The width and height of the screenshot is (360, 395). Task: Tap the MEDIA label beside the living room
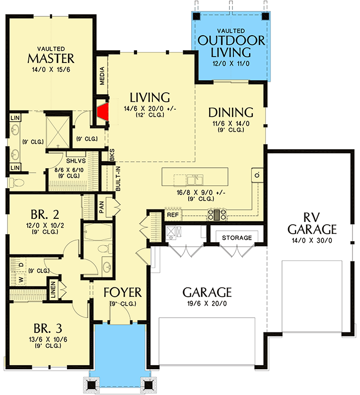[102, 76]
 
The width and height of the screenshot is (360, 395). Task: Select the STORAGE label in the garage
[237, 238]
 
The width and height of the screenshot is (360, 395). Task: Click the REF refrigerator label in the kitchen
[172, 215]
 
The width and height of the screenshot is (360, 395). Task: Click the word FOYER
[123, 291]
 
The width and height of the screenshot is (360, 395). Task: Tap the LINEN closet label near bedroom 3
[51, 291]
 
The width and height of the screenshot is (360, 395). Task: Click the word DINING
[230, 112]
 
